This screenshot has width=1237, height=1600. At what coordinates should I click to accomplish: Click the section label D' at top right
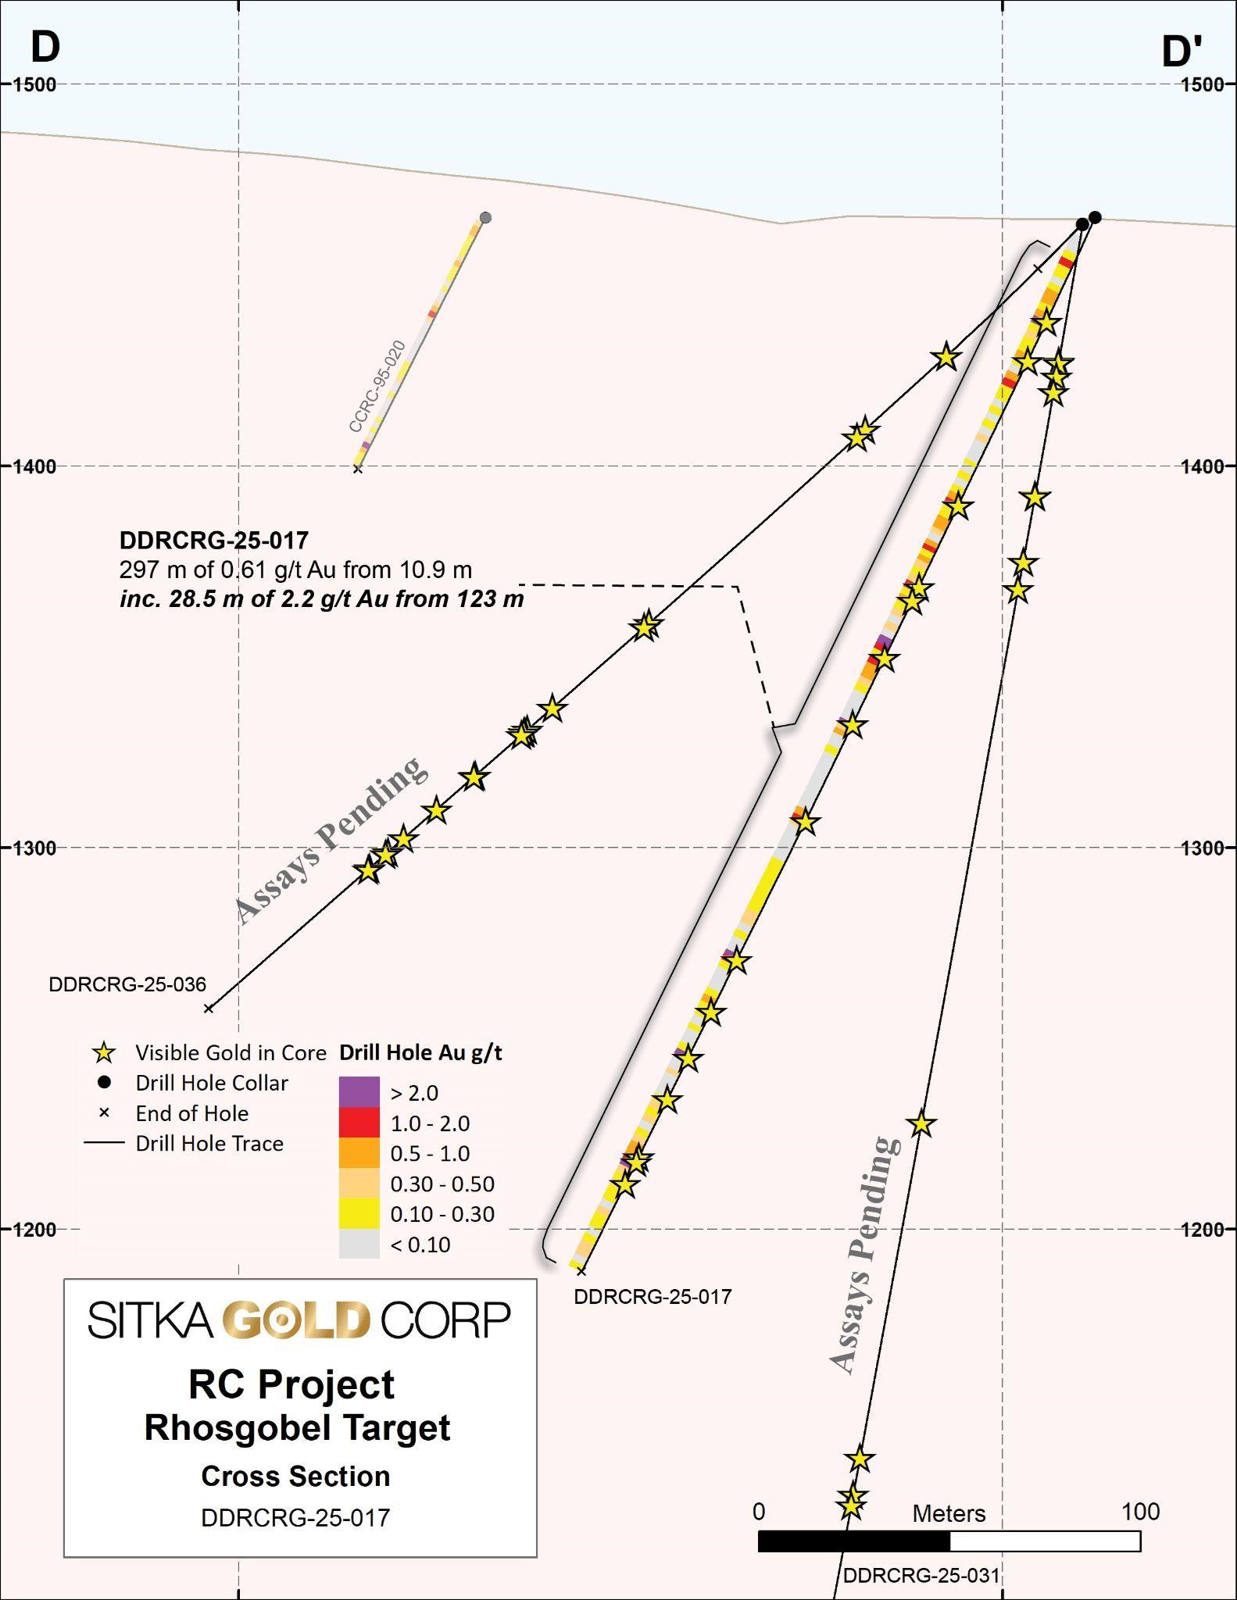click(1182, 52)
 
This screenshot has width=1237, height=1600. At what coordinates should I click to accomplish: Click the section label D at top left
click(45, 47)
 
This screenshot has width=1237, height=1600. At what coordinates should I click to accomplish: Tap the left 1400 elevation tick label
click(35, 466)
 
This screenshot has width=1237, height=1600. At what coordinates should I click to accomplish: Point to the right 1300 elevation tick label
click(1203, 848)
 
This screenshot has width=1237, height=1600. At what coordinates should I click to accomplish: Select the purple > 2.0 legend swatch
click(359, 1092)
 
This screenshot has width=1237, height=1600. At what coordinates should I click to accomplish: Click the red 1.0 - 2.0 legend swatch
click(359, 1123)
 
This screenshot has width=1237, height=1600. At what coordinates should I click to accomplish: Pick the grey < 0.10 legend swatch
click(359, 1244)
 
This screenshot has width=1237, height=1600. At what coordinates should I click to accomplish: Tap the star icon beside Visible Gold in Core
click(104, 1053)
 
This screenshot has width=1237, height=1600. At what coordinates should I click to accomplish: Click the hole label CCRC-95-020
click(377, 387)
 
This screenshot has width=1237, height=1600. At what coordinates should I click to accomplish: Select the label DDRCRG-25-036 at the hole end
click(127, 984)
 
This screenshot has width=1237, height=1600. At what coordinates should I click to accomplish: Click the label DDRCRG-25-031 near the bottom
click(921, 1576)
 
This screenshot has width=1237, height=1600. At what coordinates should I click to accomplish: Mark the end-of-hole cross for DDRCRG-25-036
click(209, 1009)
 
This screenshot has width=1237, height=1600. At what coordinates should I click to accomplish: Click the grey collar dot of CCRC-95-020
click(485, 217)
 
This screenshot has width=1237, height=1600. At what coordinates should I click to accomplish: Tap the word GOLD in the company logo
click(296, 1321)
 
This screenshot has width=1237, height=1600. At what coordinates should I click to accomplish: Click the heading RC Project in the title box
click(291, 1385)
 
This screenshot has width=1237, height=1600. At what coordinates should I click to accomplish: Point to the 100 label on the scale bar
click(1140, 1512)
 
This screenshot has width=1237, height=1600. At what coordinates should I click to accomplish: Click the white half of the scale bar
click(1045, 1541)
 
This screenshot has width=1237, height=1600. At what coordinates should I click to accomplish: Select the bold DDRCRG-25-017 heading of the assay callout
click(214, 540)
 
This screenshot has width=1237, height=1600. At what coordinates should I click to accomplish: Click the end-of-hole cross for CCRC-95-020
click(358, 469)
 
